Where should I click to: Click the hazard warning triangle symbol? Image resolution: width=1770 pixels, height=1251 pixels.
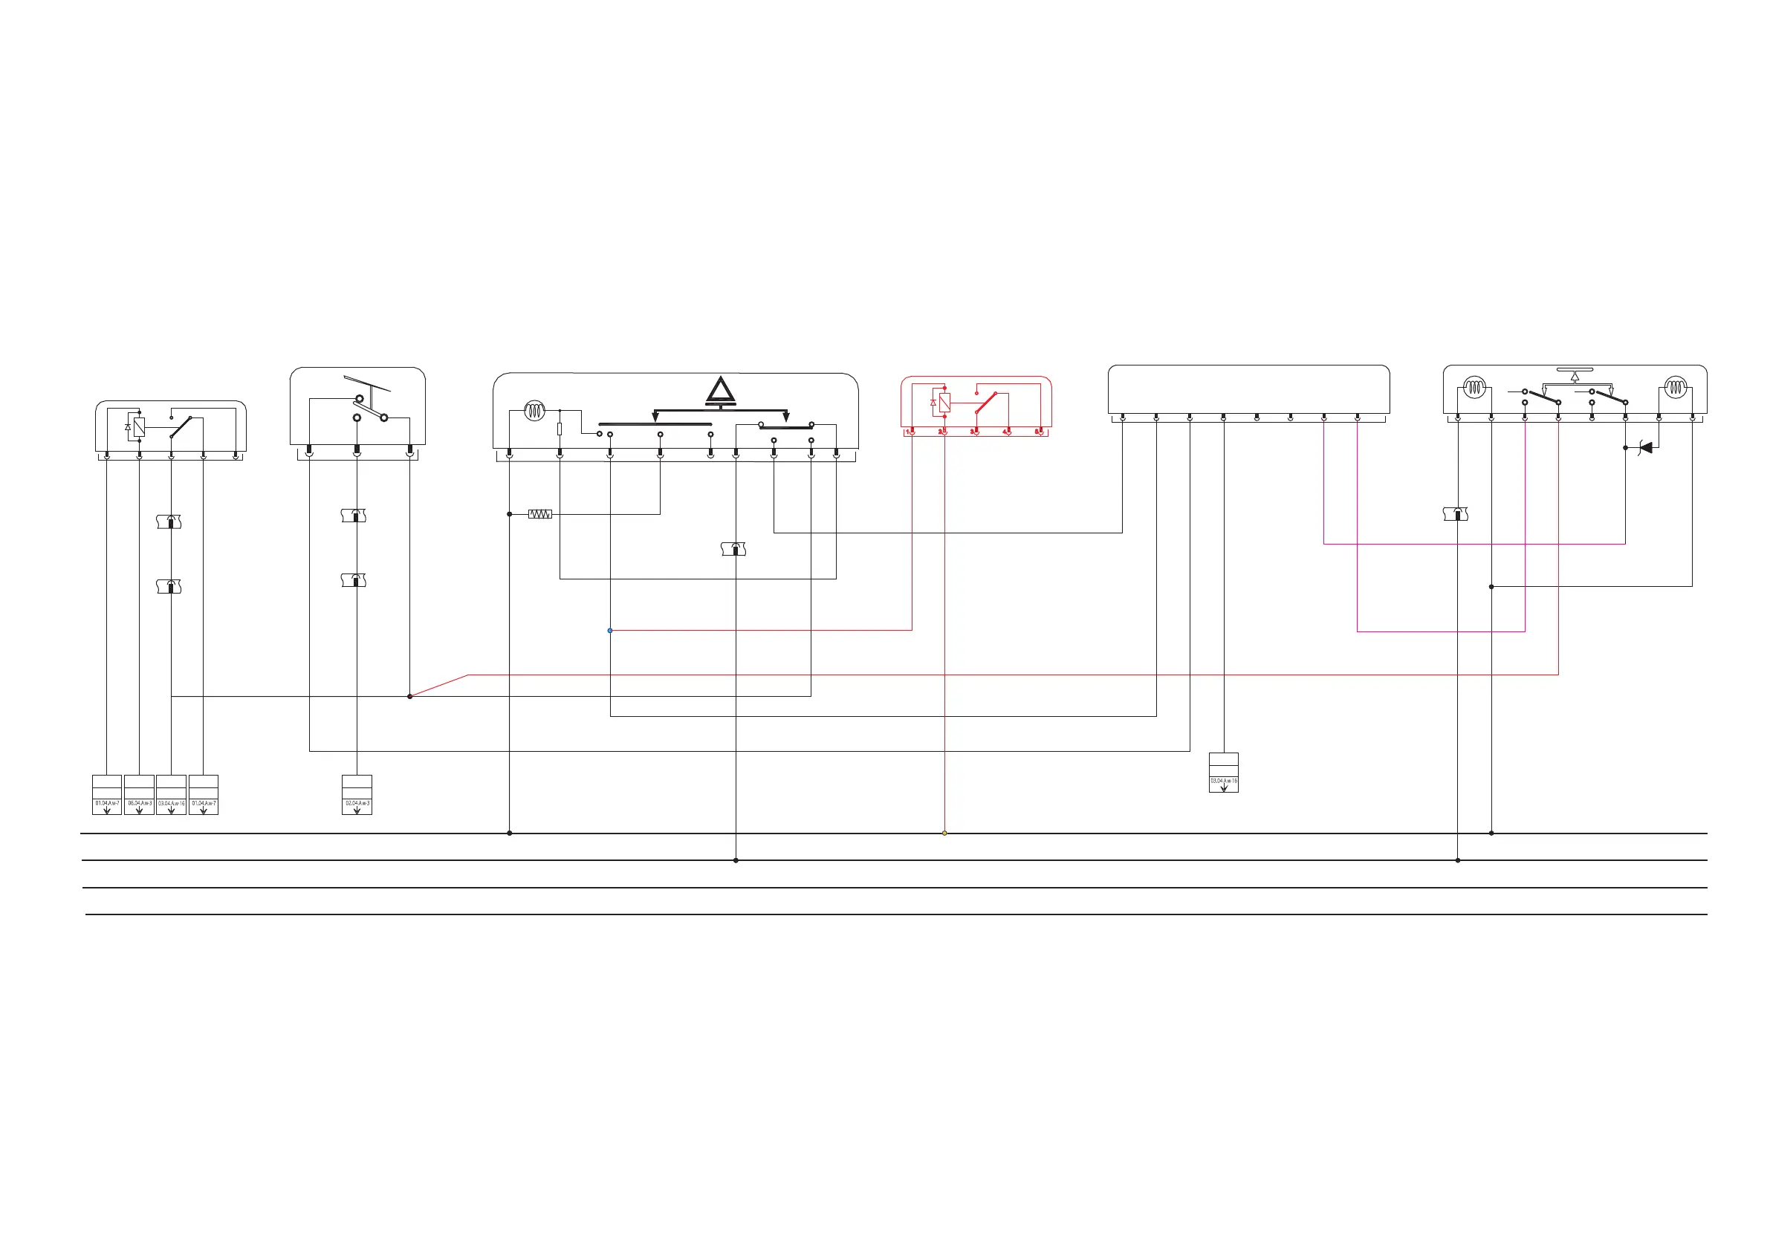720,391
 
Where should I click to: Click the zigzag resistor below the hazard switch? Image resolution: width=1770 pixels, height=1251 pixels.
539,514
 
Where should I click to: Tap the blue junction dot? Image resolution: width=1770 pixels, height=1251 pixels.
610,631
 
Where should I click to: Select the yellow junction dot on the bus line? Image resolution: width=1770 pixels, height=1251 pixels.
944,834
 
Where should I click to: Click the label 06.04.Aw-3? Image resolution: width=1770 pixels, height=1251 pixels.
140,803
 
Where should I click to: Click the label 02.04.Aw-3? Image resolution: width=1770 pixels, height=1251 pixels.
357,803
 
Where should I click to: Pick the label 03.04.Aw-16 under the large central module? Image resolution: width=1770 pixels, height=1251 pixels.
1223,781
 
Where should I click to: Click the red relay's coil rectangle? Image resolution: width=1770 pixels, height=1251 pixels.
944,402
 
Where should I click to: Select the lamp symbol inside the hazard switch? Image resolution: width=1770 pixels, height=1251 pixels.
534,411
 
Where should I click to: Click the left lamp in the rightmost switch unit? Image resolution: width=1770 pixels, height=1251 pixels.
1474,387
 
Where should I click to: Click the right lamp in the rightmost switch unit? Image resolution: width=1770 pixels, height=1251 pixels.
1675,387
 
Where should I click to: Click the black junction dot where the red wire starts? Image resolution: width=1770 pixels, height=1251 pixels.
409,697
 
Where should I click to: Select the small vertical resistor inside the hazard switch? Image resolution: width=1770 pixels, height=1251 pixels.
560,429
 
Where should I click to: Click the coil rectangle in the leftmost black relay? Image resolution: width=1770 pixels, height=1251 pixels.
139,427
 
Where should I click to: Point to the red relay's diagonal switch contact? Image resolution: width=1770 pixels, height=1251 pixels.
986,403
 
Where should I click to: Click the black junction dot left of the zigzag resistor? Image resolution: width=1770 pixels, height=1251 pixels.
510,514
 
